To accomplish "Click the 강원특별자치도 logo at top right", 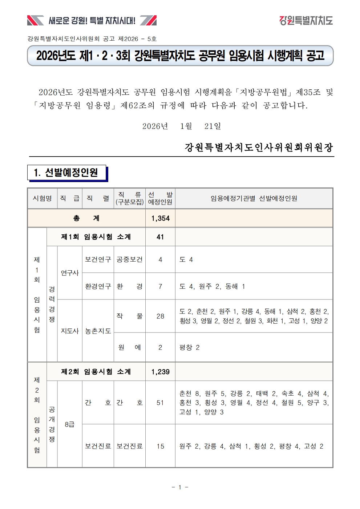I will pos(306,20).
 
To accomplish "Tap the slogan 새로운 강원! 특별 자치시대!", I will pos(92,21).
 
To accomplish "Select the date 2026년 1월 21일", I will pos(181,126).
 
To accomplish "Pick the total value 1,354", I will pos(160,218).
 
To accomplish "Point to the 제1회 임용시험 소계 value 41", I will pos(160,237).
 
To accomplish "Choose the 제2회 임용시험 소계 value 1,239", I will pos(160,372).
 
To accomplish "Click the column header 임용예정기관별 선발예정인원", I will pos(254,198).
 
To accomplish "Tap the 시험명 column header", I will pos(42,198).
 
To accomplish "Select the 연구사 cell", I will pos(70,273).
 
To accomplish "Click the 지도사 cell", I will pos(70,331).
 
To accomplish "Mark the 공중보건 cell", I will pos(129,259).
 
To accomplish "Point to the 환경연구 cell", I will pos(98,286).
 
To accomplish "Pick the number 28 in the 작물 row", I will pos(160,316).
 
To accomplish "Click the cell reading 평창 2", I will pos(189,347).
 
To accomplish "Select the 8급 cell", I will pos(70,424).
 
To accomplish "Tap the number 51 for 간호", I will pos(160,403).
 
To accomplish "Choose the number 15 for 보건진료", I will pos(160,446).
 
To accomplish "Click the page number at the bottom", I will pos(180,487).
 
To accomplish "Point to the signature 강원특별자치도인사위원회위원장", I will pos(259,147).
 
